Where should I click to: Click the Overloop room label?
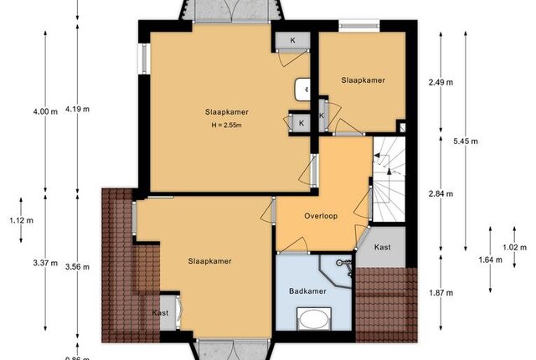(x=321, y=216)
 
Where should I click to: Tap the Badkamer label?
(x=307, y=291)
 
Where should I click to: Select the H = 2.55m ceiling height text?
(x=227, y=125)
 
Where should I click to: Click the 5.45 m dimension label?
(x=466, y=141)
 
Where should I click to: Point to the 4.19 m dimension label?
(x=77, y=109)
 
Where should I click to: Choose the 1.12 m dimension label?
(x=21, y=220)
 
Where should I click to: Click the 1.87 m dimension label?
(x=441, y=293)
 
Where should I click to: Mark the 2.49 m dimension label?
(x=441, y=82)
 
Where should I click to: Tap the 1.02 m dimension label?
(x=514, y=247)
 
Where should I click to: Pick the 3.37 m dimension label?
(x=45, y=263)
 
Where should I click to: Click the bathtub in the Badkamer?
(x=314, y=319)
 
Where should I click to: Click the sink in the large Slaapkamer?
(x=303, y=90)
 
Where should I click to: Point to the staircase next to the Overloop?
(x=389, y=179)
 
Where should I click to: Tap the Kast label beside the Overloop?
(x=383, y=247)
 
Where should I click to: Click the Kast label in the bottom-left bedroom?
(x=160, y=312)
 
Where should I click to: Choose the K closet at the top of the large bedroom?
(x=292, y=41)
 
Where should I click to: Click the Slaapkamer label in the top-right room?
(x=363, y=80)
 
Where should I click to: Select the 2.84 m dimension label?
(x=441, y=193)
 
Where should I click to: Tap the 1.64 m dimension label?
(x=490, y=260)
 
